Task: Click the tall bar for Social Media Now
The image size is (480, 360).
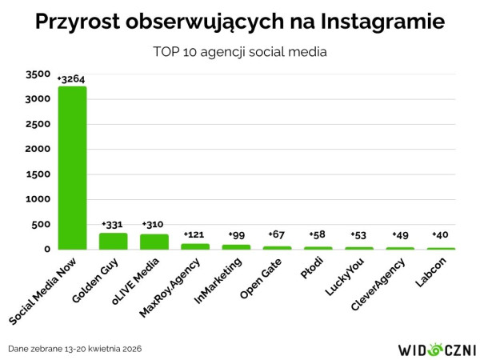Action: (72, 168)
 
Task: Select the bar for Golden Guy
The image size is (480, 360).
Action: (113, 241)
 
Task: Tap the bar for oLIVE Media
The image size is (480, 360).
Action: (154, 242)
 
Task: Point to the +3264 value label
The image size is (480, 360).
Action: (71, 78)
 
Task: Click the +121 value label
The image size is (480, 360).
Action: (194, 234)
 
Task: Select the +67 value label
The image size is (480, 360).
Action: (276, 234)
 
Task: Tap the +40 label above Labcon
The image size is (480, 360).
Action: (440, 234)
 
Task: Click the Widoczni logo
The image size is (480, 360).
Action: (436, 350)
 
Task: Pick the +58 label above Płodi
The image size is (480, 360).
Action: (317, 234)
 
